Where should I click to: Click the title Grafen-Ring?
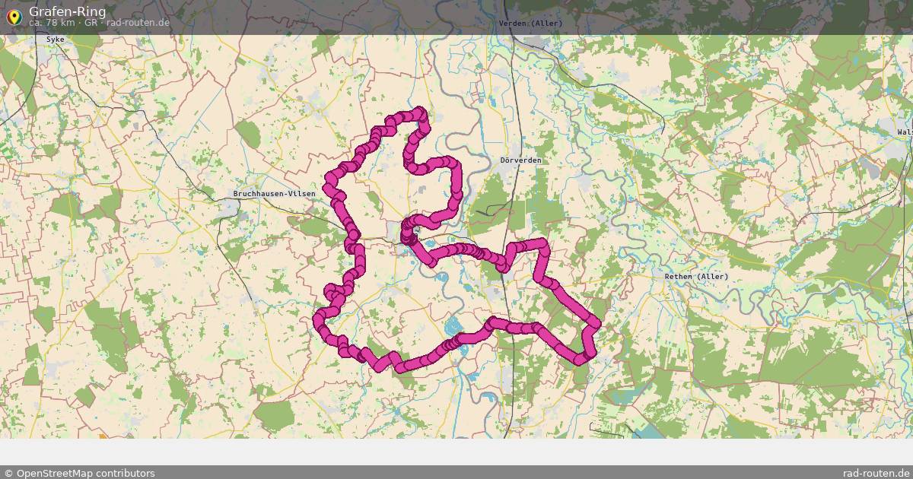point(67,11)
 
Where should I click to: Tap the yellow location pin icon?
point(14,16)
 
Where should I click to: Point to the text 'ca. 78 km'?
point(52,23)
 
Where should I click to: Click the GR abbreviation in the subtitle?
point(91,23)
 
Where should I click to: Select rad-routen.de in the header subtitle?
point(138,23)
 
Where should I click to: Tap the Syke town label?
point(56,39)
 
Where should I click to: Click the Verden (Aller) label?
point(530,24)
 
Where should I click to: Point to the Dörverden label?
point(521,160)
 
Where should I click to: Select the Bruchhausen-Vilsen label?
point(274,194)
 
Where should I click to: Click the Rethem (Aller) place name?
point(696,277)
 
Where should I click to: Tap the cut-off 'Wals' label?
point(904,132)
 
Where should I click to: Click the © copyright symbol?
point(8,473)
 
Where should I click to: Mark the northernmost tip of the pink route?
point(419,112)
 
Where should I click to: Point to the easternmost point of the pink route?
point(595,325)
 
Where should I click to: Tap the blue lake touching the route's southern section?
point(454,327)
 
